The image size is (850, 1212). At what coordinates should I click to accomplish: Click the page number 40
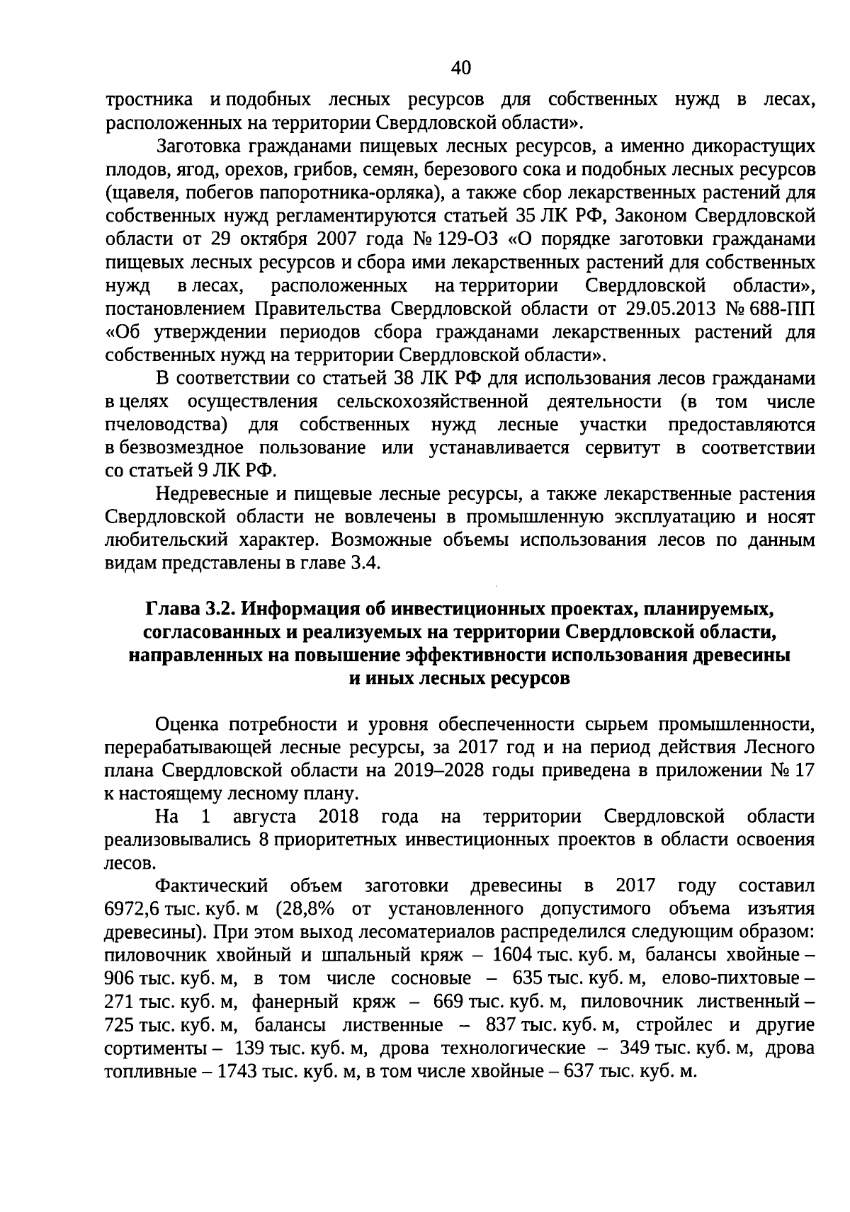point(460,68)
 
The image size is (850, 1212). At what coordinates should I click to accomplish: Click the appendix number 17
point(804,770)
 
